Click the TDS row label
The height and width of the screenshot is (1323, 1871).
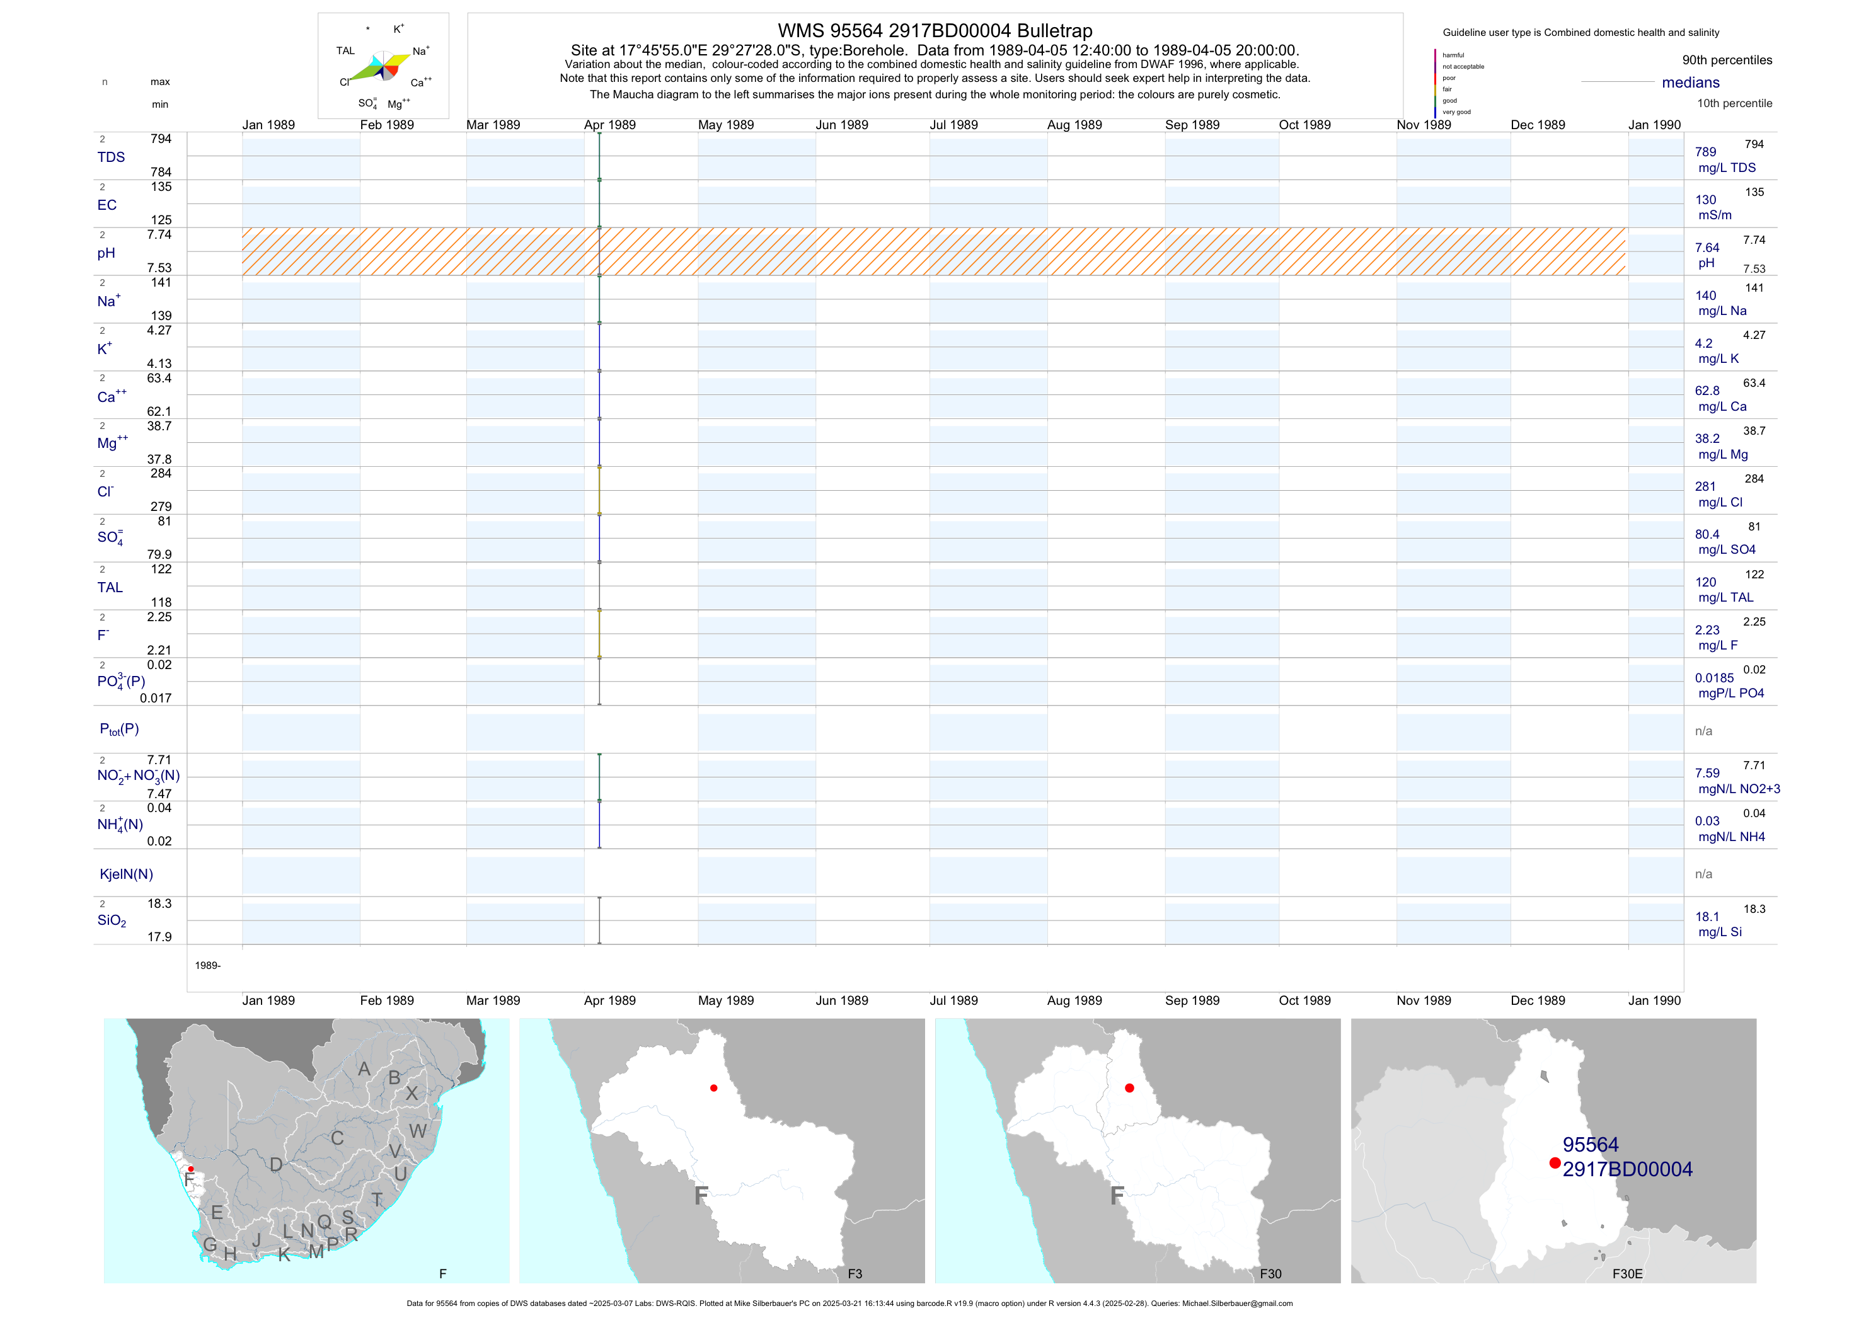pyautogui.click(x=111, y=157)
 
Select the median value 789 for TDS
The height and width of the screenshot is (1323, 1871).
pyautogui.click(x=1705, y=152)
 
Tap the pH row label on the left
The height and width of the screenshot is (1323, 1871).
pyautogui.click(x=106, y=253)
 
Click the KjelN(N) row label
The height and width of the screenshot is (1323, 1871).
pyautogui.click(x=126, y=874)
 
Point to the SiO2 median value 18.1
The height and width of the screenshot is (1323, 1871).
pyautogui.click(x=1707, y=917)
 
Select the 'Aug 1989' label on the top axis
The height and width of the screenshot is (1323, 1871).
pyautogui.click(x=1074, y=125)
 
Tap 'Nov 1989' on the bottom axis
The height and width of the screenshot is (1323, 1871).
pyautogui.click(x=1424, y=1000)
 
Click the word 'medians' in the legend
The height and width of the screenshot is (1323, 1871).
pyautogui.click(x=1691, y=83)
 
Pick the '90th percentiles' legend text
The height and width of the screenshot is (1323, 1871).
pyautogui.click(x=1727, y=60)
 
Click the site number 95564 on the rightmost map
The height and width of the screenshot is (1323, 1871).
pyautogui.click(x=1591, y=1145)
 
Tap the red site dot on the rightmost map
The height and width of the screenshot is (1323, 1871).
pyautogui.click(x=1555, y=1164)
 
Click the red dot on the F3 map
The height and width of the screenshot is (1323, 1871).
pyautogui.click(x=714, y=1089)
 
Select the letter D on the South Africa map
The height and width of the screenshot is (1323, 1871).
pyautogui.click(x=276, y=1164)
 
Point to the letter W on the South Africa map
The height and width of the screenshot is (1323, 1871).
pyautogui.click(x=418, y=1131)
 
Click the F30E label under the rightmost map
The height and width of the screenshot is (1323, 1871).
pyautogui.click(x=1627, y=1274)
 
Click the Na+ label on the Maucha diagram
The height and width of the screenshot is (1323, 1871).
pyautogui.click(x=420, y=51)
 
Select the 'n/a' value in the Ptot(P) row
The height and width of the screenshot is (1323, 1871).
pyautogui.click(x=1703, y=731)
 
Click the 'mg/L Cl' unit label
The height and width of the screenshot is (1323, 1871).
pyautogui.click(x=1720, y=502)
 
